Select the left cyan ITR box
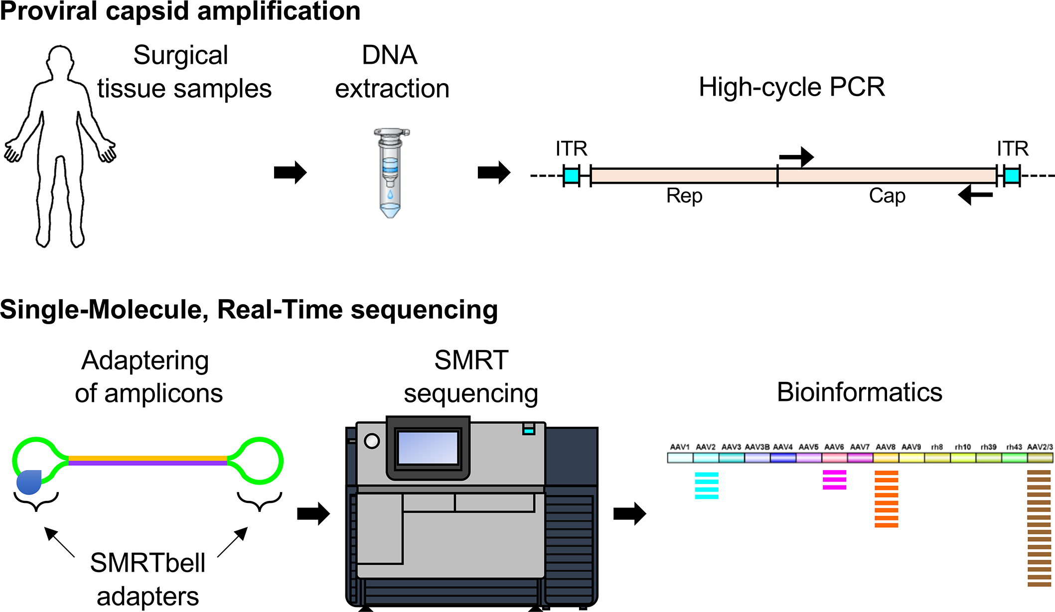coord(571,176)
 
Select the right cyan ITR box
coord(1012,176)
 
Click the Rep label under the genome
coord(684,196)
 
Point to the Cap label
coord(887,196)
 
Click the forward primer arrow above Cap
coord(796,157)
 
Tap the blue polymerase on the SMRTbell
coord(29,482)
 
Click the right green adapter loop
coord(259,461)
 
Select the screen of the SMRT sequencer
coord(428,448)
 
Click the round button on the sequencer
coord(372,441)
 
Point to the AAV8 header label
coord(886,447)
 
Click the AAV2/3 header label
coord(1040,447)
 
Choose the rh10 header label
coord(963,447)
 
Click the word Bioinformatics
coord(860,392)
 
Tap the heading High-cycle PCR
coord(792,87)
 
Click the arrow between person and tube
coord(290,173)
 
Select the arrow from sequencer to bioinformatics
coord(629,513)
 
